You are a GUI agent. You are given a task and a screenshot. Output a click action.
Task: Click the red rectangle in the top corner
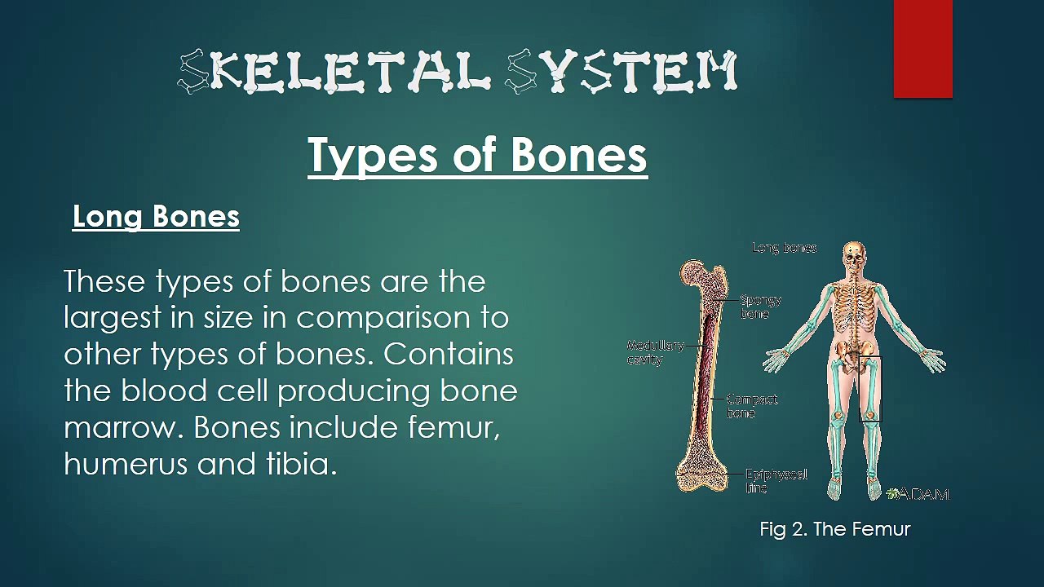(x=922, y=49)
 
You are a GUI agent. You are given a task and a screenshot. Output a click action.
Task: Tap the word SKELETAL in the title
(x=334, y=72)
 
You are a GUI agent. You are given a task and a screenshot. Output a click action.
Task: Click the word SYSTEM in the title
(x=622, y=72)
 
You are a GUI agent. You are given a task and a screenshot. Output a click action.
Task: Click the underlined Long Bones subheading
(x=156, y=217)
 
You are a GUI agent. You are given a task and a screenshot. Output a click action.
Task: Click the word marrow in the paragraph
(x=122, y=427)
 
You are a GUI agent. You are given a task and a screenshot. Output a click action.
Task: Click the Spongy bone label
(x=760, y=307)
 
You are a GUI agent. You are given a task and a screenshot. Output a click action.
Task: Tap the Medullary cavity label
(x=655, y=352)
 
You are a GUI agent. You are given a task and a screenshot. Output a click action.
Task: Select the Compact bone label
(x=751, y=406)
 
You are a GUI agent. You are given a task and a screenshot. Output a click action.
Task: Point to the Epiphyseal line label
(x=776, y=481)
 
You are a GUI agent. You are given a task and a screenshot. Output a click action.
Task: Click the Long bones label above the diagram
(x=784, y=248)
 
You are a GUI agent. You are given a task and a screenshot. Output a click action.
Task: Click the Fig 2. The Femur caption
(x=834, y=529)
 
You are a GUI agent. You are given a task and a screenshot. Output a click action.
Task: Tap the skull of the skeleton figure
(x=854, y=254)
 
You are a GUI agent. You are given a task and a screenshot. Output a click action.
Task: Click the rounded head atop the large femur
(x=694, y=273)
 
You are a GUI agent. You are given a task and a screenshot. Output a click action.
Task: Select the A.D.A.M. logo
(x=919, y=493)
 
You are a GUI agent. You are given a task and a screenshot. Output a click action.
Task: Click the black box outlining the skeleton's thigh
(x=869, y=388)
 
